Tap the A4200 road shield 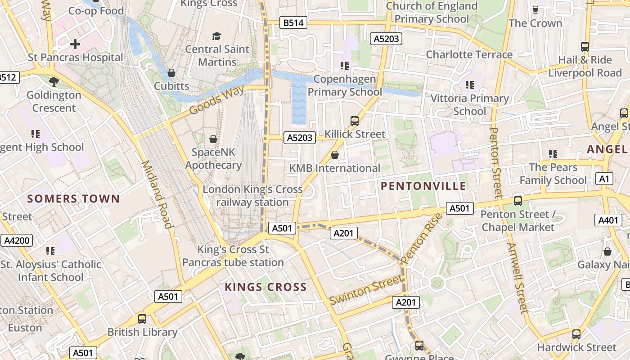coord(17,240)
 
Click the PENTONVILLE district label coord(423,186)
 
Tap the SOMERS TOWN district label coord(73,198)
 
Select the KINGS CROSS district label coord(265,287)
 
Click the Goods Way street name coord(217,100)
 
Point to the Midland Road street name coord(157,194)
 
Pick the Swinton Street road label coord(365,290)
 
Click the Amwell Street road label coord(517,278)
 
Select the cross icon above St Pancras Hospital coord(75,44)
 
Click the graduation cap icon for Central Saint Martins coord(217,36)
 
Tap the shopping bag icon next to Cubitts coord(171,72)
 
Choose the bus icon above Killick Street coord(355,121)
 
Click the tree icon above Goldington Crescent coord(54,81)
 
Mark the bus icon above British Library coord(142,319)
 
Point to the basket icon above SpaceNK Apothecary coord(213,139)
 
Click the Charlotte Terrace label coord(469,54)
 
